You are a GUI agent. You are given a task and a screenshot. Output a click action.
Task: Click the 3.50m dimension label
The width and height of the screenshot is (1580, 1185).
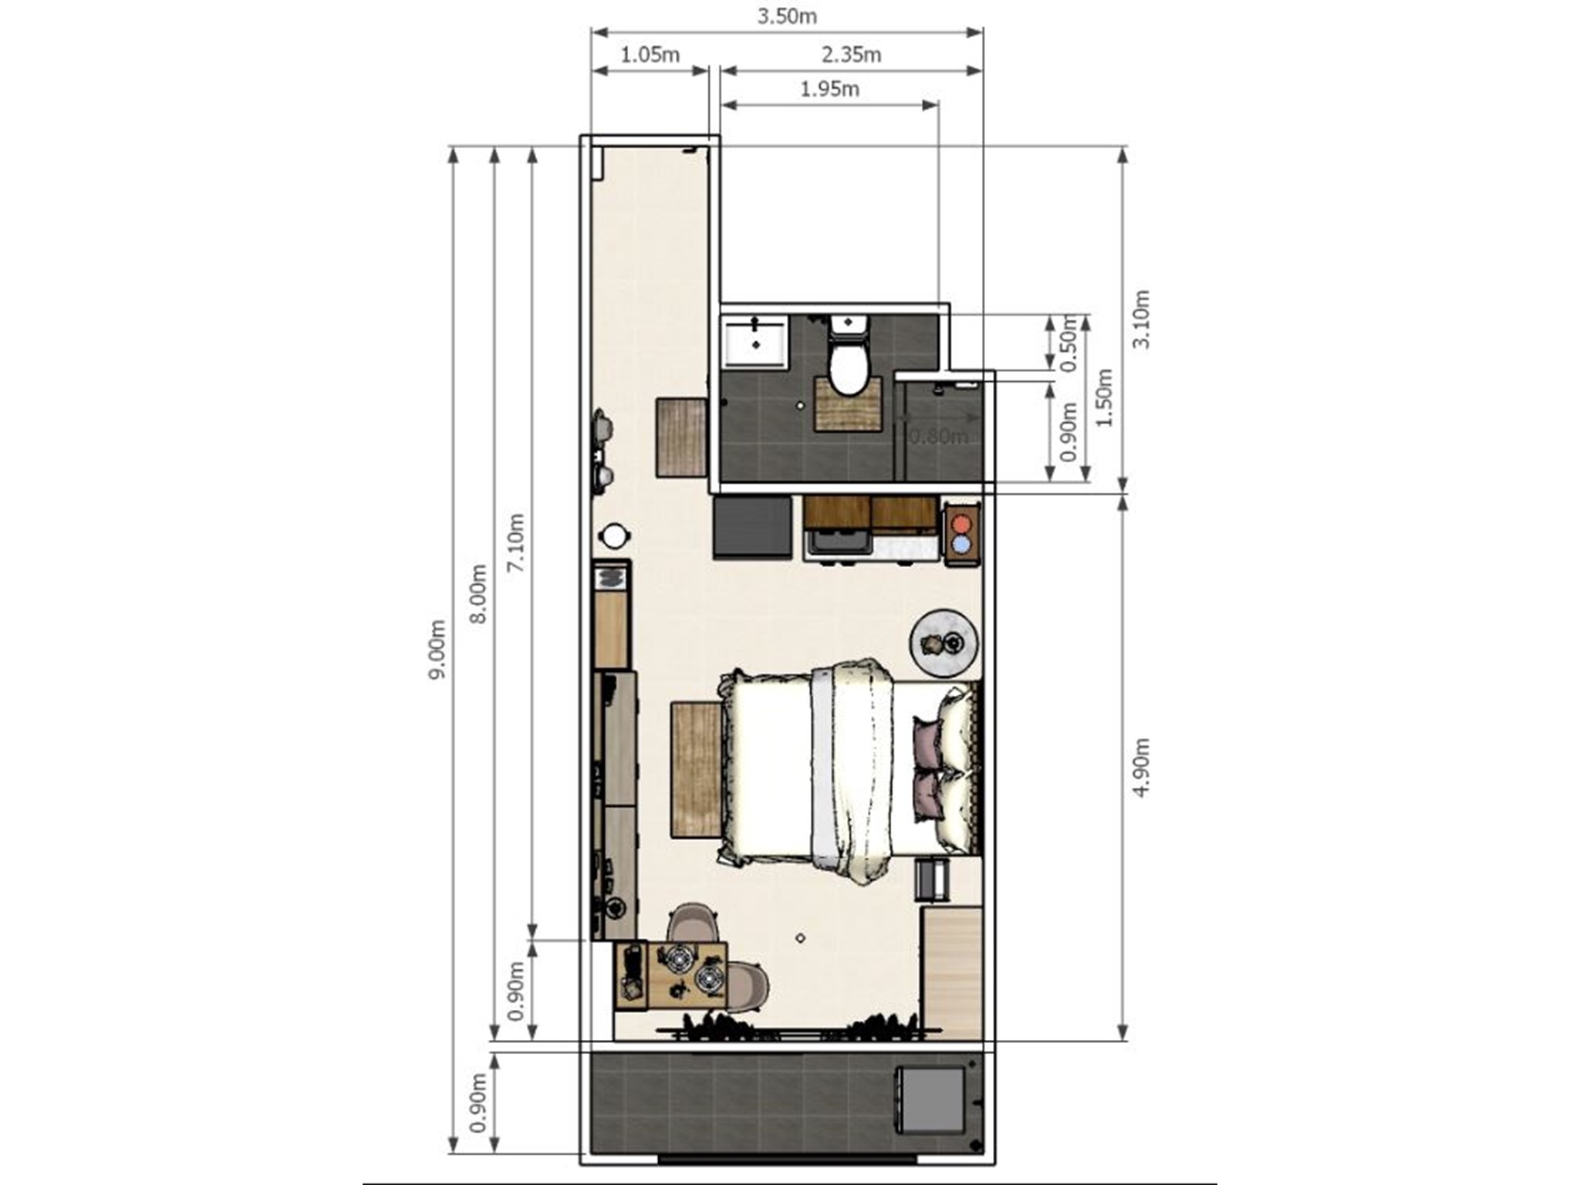point(786,16)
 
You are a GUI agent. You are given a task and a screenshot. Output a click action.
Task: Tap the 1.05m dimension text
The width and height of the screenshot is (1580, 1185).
point(650,55)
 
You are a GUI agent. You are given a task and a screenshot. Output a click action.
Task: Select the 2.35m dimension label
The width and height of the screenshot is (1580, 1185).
point(851,55)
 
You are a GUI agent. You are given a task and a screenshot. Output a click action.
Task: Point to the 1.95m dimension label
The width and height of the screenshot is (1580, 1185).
point(829,89)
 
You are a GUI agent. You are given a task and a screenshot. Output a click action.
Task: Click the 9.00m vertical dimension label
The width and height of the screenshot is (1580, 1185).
point(437,649)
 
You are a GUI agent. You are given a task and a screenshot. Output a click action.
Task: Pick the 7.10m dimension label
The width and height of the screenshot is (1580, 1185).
point(516,543)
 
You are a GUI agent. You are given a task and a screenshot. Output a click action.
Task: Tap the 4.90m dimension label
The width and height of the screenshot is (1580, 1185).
point(1143,768)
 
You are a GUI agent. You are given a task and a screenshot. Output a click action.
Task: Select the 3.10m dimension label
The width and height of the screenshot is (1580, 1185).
point(1141,319)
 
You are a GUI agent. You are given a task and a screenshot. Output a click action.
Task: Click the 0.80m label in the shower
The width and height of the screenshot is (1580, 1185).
point(938,437)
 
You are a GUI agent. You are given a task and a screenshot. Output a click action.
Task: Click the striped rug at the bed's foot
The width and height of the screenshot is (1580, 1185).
point(696,769)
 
